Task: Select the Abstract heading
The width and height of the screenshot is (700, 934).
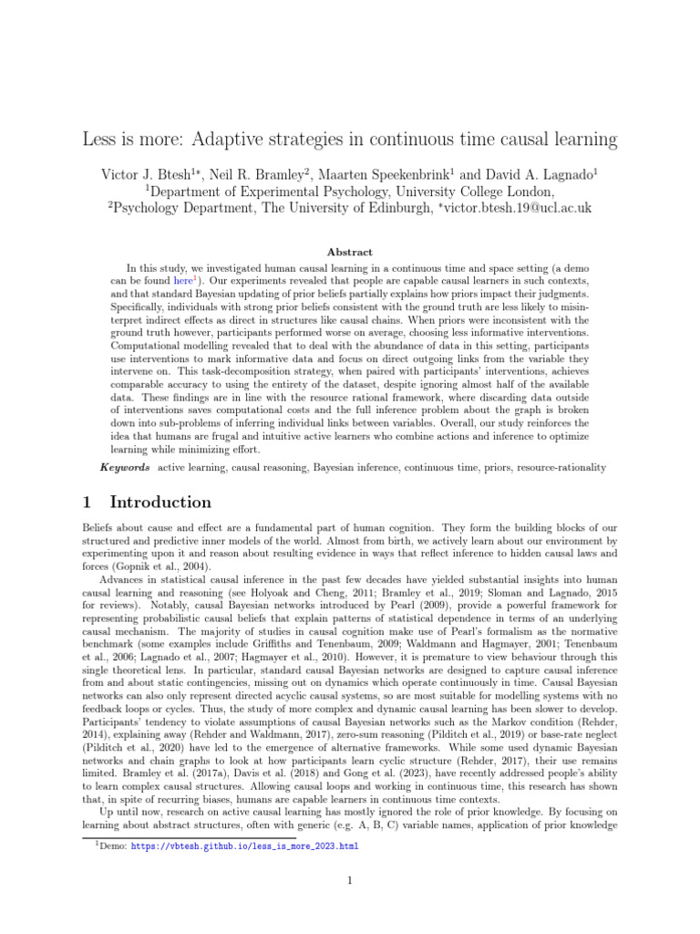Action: [349, 252]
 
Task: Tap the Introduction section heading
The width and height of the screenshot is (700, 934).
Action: [160, 503]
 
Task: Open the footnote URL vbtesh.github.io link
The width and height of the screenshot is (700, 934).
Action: [245, 846]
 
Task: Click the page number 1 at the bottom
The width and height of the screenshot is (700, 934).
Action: [349, 880]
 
